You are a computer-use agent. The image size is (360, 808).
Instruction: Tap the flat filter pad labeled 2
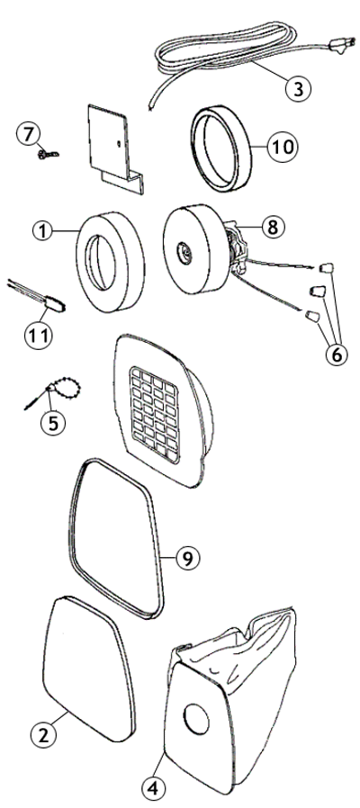tap(87, 661)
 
